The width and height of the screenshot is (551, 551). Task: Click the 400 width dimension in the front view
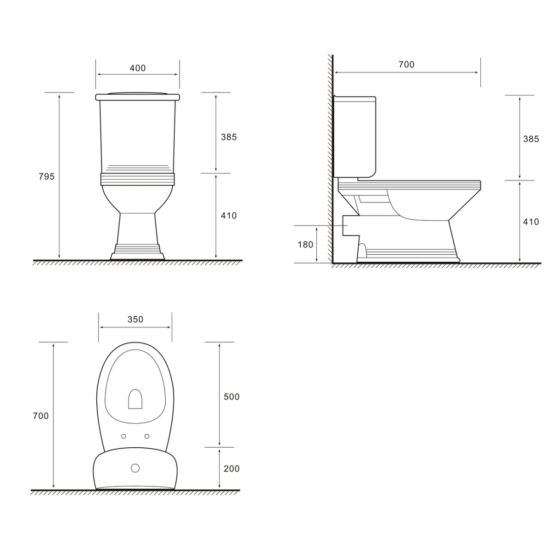(x=138, y=68)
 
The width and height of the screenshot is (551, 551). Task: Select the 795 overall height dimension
(x=47, y=176)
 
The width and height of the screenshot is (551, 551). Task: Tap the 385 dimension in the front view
(x=229, y=137)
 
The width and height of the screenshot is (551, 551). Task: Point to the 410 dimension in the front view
(x=229, y=216)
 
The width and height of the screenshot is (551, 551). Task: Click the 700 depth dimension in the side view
(x=406, y=65)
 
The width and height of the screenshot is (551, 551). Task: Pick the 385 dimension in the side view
(x=531, y=139)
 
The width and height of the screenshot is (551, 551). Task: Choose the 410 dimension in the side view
(x=531, y=222)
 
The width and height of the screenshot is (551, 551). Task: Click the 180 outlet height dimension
(x=305, y=244)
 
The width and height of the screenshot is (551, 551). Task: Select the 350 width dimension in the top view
(x=135, y=320)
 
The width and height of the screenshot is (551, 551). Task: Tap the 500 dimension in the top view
(x=231, y=397)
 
